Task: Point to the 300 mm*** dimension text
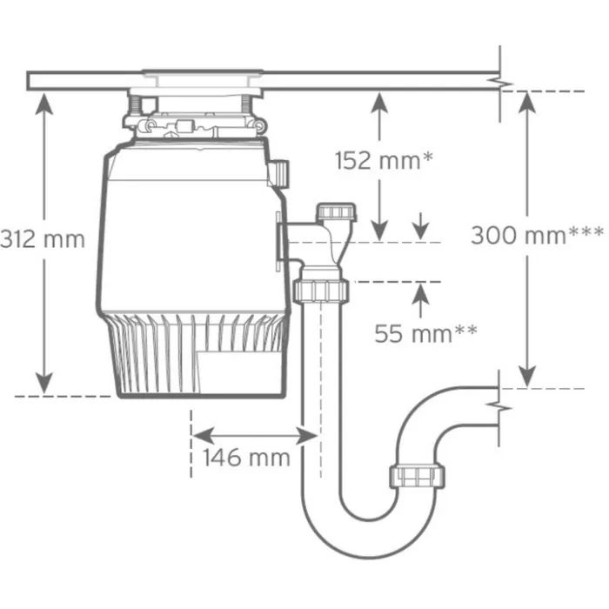tap(537, 235)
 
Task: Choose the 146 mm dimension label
tap(246, 458)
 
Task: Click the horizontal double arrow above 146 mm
tap(254, 432)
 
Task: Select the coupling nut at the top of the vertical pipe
tap(320, 290)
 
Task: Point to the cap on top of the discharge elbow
tap(337, 213)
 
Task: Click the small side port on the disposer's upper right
tap(279, 171)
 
